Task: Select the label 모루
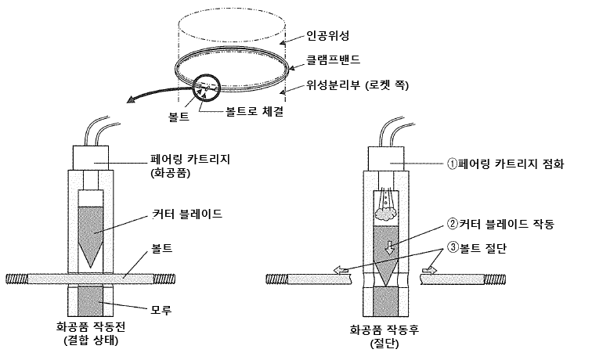pos(161,310)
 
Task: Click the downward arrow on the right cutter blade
pos(389,249)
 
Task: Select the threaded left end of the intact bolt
pos(16,278)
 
